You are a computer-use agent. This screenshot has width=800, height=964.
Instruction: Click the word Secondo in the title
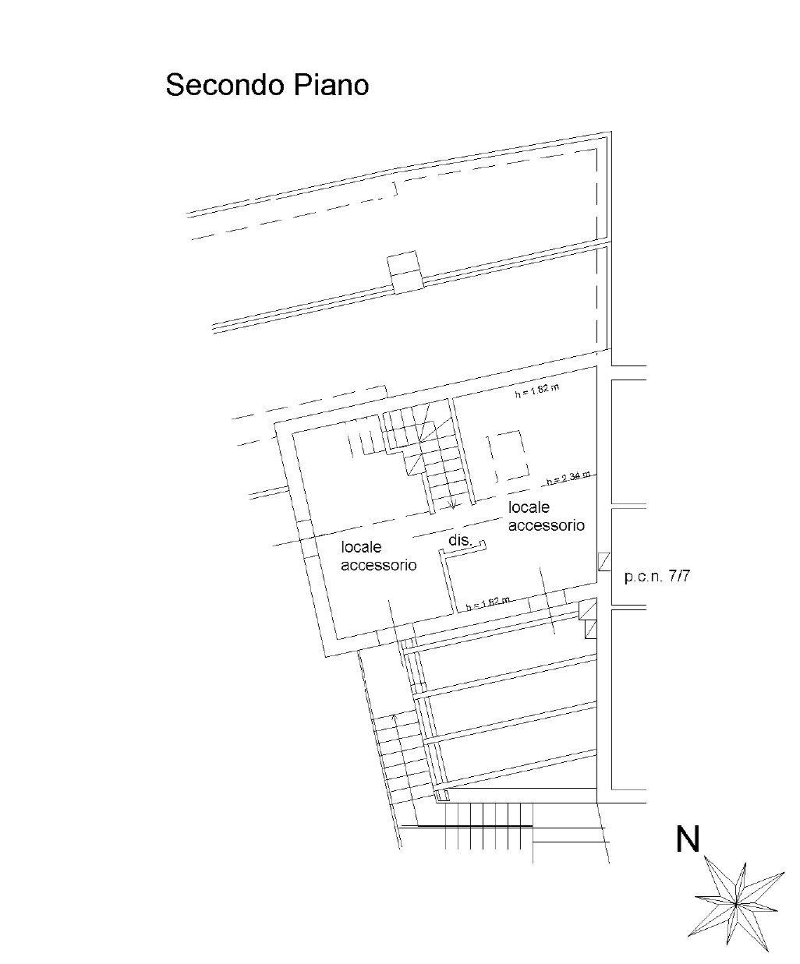(217, 85)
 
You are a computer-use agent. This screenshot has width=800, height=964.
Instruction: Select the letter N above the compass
(688, 839)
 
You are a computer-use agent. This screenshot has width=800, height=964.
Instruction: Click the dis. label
(459, 540)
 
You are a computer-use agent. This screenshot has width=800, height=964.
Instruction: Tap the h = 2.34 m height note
(568, 478)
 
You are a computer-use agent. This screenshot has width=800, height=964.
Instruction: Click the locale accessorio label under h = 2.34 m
(546, 517)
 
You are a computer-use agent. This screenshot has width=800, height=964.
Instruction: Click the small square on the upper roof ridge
(405, 272)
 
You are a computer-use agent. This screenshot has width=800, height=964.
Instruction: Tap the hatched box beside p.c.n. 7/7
(603, 563)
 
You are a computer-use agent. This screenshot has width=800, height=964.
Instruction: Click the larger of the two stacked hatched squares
(589, 609)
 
